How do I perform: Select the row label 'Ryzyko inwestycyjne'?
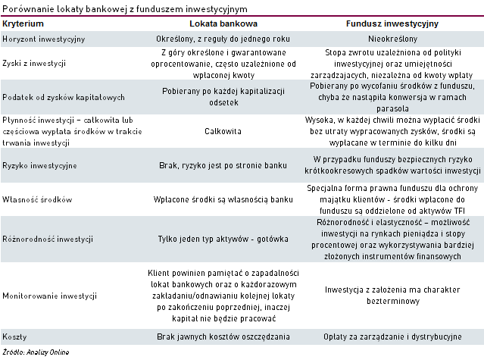(x=40, y=164)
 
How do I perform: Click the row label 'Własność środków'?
(x=37, y=199)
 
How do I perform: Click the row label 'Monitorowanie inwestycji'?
(x=49, y=295)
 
